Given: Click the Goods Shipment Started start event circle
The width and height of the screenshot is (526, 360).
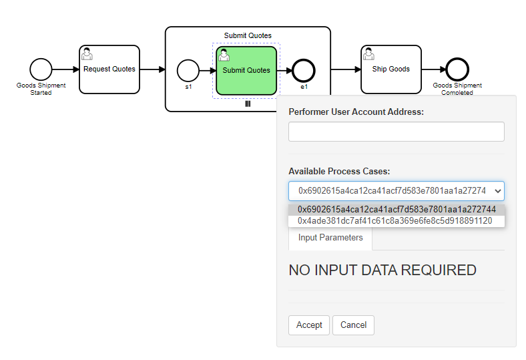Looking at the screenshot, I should [41, 69].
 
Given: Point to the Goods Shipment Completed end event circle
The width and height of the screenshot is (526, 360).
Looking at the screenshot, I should [457, 69].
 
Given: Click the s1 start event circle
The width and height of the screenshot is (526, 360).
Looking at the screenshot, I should [188, 70].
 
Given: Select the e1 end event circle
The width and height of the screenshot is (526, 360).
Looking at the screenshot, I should [304, 70].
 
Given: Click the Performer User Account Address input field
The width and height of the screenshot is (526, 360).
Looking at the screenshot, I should [396, 132].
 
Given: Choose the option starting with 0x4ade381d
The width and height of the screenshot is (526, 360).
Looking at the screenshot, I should [394, 220].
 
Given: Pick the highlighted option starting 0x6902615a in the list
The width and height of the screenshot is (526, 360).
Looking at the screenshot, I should [396, 209].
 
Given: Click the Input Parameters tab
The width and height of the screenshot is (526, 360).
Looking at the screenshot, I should [330, 238].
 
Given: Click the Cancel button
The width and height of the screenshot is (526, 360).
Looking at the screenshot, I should [353, 325].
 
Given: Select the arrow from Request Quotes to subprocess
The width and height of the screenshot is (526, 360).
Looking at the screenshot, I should [152, 69].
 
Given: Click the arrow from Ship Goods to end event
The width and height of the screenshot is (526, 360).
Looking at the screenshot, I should [433, 69].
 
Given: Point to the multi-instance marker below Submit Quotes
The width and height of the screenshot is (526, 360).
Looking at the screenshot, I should [247, 104].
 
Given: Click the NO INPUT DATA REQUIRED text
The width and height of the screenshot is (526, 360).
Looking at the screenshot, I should [382, 271].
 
